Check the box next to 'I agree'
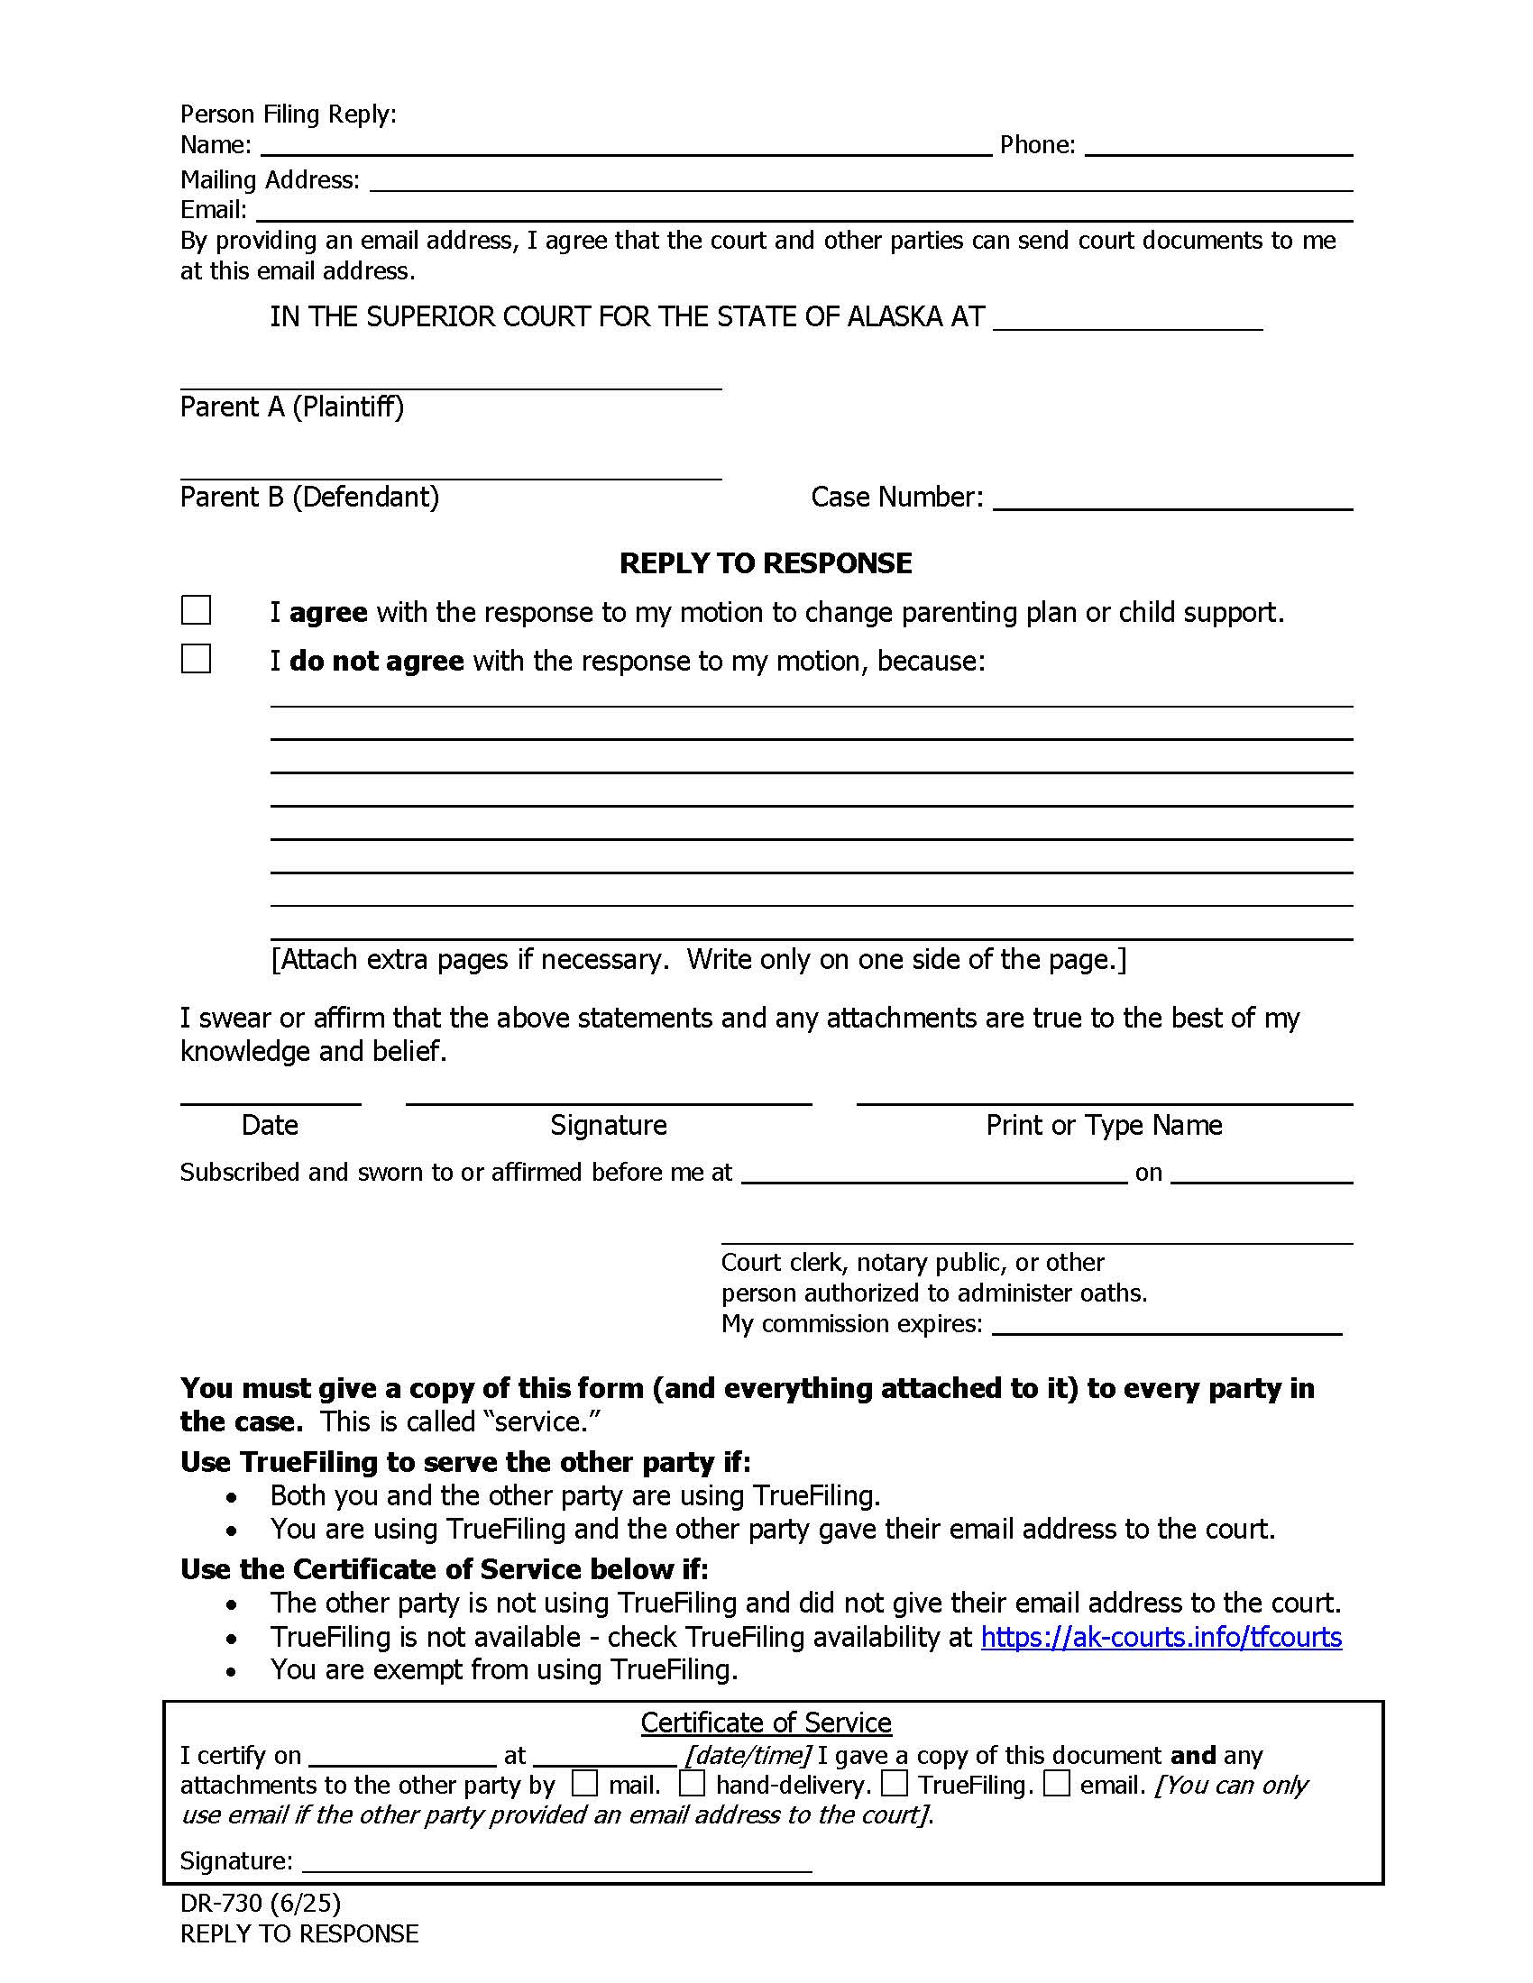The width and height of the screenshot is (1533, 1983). (x=197, y=610)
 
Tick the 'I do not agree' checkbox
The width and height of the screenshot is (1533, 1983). (x=197, y=659)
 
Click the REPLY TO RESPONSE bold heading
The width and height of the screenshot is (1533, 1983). (x=765, y=563)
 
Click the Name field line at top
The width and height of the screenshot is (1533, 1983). (x=626, y=145)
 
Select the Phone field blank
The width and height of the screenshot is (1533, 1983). (x=1218, y=145)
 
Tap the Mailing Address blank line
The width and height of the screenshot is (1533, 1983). (x=860, y=180)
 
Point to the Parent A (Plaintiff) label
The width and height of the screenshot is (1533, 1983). (x=291, y=407)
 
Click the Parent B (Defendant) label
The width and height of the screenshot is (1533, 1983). (x=308, y=497)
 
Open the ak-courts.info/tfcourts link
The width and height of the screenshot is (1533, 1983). (x=1161, y=1636)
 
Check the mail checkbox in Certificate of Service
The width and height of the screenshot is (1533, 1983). (x=585, y=1783)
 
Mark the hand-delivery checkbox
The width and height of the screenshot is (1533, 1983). (x=692, y=1783)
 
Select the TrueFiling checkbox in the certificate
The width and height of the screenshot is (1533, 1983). (x=895, y=1783)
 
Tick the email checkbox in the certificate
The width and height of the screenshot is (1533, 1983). (x=1056, y=1783)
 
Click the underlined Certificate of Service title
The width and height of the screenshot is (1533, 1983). (x=766, y=1723)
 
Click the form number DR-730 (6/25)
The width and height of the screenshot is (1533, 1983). (x=260, y=1903)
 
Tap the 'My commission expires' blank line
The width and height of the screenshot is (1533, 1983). (x=1166, y=1324)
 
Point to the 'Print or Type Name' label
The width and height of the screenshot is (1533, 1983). (x=1104, y=1125)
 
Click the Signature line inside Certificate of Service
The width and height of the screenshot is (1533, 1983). (x=555, y=1861)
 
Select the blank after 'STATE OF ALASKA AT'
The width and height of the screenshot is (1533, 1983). (x=1127, y=319)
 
